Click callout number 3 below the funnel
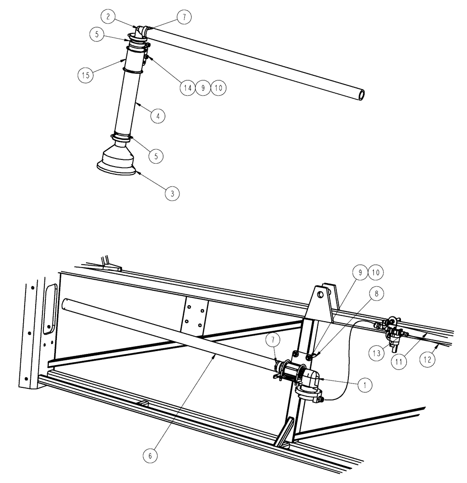point(172,193)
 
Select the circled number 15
point(85,75)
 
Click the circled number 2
point(109,17)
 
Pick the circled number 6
point(151,455)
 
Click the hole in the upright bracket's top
point(319,293)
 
